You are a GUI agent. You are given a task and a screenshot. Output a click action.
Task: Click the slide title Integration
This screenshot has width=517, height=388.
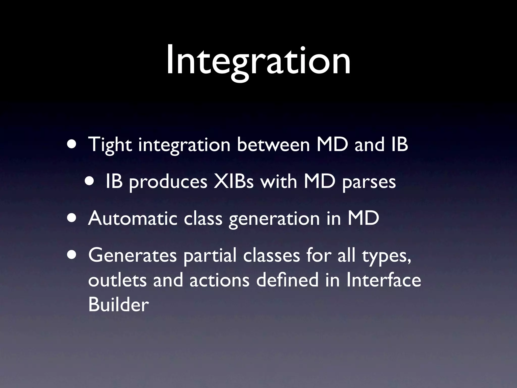pyautogui.click(x=258, y=61)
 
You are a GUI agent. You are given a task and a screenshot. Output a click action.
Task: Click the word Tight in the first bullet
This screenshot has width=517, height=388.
pyautogui.click(x=110, y=145)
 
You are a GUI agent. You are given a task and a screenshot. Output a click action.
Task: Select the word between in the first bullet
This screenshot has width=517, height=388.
pyautogui.click(x=273, y=145)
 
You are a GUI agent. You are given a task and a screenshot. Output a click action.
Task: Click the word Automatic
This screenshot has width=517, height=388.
pyautogui.click(x=133, y=218)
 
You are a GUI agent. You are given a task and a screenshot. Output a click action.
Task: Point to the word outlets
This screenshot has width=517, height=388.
pyautogui.click(x=117, y=280)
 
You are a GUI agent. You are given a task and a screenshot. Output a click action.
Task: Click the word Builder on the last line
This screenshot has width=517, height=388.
pyautogui.click(x=118, y=304)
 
